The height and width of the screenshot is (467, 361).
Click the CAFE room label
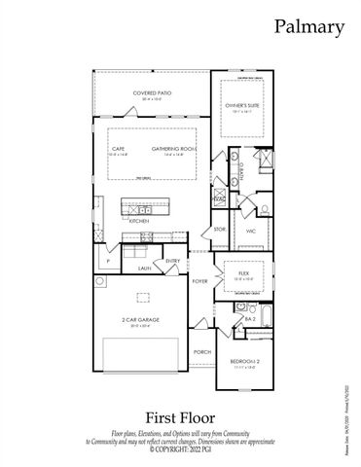click(x=118, y=148)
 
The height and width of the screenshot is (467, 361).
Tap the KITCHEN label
click(x=138, y=221)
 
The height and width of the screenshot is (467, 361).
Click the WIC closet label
click(x=250, y=231)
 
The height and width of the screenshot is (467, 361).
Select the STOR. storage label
click(x=220, y=229)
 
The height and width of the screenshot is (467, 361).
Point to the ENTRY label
click(x=172, y=261)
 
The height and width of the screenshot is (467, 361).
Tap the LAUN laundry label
click(x=144, y=267)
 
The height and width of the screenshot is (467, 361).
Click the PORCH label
click(x=201, y=351)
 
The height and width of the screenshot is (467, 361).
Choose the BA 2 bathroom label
click(x=250, y=318)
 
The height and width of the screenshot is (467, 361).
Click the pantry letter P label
click(x=103, y=262)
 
